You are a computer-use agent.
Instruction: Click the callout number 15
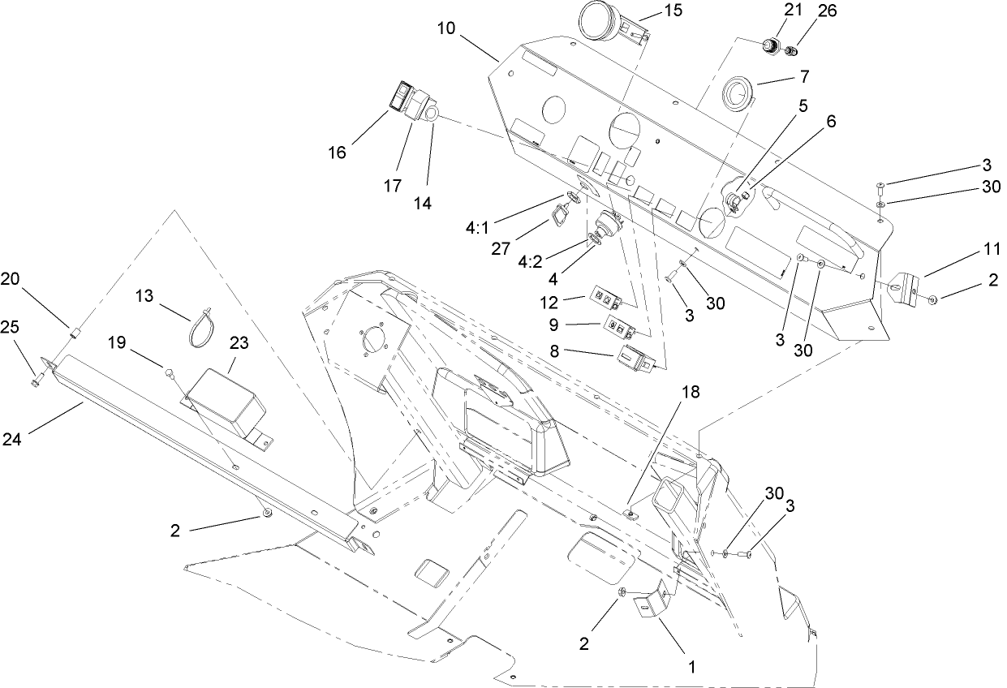point(673,11)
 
